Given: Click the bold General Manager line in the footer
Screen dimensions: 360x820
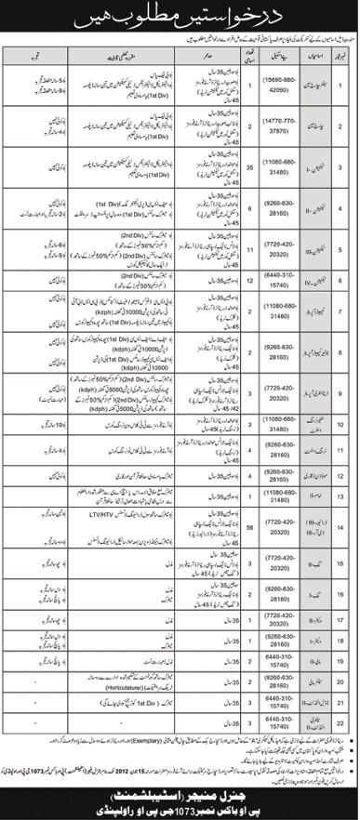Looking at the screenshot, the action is click(x=180, y=791).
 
